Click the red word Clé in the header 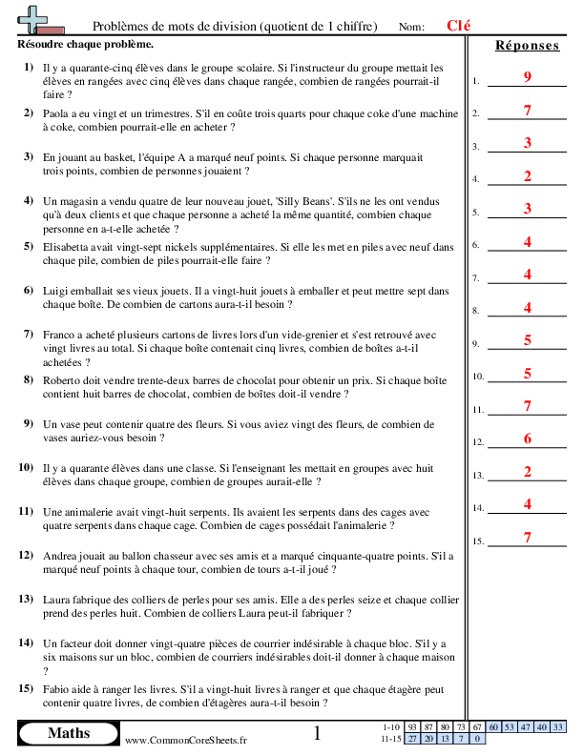(460, 26)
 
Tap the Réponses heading (527, 46)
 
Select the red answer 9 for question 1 (527, 76)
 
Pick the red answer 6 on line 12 (527, 439)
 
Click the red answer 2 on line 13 (527, 472)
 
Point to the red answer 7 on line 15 (527, 538)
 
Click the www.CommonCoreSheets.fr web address (185, 740)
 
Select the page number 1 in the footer (318, 733)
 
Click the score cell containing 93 (412, 727)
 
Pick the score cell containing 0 (477, 739)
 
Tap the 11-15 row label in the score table (389, 739)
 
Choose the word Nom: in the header (411, 27)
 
